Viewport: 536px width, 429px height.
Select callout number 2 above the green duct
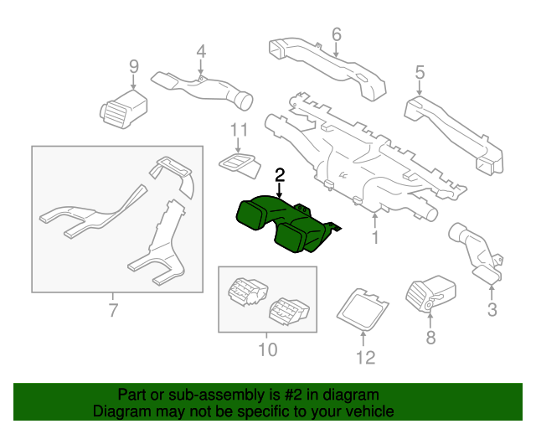pyautogui.click(x=280, y=175)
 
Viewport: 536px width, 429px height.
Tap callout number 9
pyautogui.click(x=133, y=66)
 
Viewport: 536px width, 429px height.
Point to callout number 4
pyautogui.click(x=200, y=52)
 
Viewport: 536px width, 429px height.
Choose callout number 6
pyautogui.click(x=336, y=34)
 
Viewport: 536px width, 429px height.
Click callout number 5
pyautogui.click(x=420, y=74)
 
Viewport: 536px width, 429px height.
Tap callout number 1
pyautogui.click(x=375, y=239)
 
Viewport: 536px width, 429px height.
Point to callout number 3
pyautogui.click(x=492, y=310)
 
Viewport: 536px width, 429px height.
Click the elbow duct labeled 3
pyautogui.click(x=478, y=250)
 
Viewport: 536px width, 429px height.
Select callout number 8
pyautogui.click(x=430, y=338)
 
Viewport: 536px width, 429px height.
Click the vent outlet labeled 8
pyautogui.click(x=430, y=297)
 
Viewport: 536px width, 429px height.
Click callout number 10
pyautogui.click(x=266, y=349)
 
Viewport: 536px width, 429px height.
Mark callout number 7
pyautogui.click(x=112, y=313)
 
